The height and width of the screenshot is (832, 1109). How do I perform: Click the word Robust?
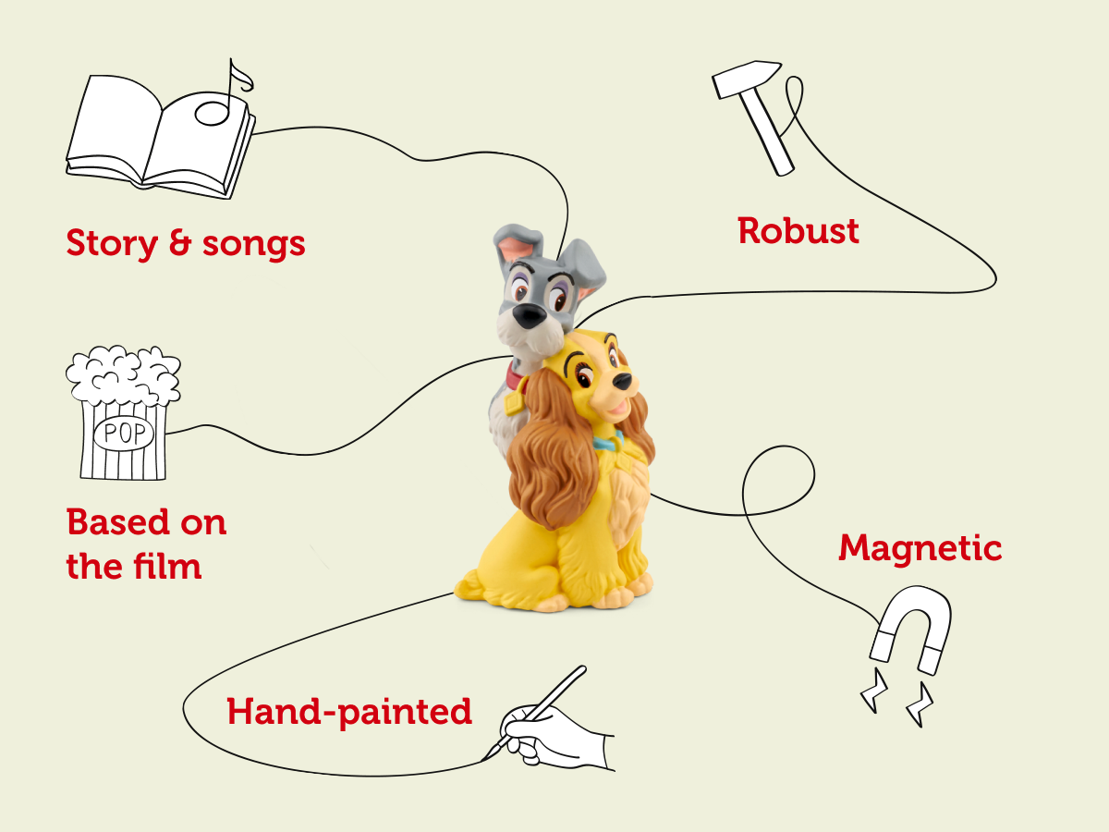click(x=798, y=231)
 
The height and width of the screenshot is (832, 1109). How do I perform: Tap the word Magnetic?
click(x=920, y=548)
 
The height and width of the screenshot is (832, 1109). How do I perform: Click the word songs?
click(x=253, y=245)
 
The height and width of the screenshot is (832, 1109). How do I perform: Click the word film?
click(x=168, y=566)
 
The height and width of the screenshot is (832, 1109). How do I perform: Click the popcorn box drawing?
click(x=123, y=412)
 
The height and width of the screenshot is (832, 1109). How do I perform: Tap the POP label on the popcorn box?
click(x=124, y=434)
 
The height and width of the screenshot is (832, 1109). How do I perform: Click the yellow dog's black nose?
click(x=623, y=382)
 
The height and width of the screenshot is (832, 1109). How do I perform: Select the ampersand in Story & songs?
click(x=180, y=242)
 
